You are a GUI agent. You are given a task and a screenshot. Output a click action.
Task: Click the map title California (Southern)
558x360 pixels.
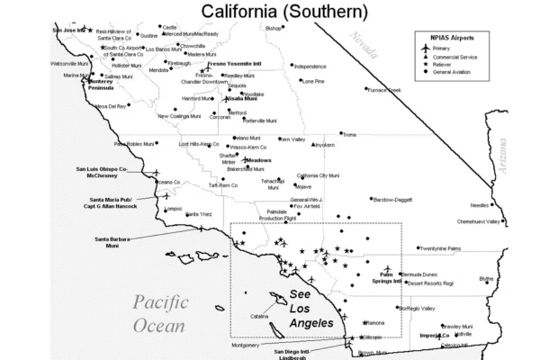pos(283,11)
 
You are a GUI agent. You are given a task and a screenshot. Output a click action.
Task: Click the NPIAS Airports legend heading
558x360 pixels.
pos(452,38)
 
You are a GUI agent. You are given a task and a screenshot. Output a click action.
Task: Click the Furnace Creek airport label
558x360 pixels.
pos(383,90)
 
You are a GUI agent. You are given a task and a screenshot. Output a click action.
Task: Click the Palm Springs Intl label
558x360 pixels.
pos(386,276)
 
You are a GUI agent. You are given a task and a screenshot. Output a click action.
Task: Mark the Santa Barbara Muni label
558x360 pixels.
pos(112,242)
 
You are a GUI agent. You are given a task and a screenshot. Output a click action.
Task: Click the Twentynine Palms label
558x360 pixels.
pos(439,248)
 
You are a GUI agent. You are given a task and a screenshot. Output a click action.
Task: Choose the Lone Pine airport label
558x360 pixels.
pos(312,81)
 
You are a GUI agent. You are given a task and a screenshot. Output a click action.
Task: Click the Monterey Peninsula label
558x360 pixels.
pos(106,84)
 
